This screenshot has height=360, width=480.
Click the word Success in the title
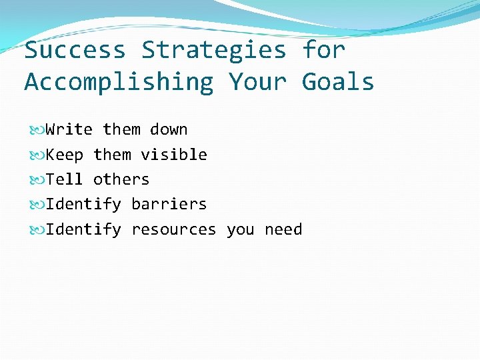pyautogui.click(x=75, y=50)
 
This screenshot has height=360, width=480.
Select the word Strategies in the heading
pyautogui.click(x=214, y=50)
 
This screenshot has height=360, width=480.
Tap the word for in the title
pyautogui.click(x=324, y=50)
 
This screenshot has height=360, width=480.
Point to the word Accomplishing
pyautogui.click(x=119, y=82)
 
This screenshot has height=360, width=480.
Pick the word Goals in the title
pyautogui.click(x=338, y=82)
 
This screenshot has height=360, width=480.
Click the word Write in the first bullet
pyautogui.click(x=69, y=129)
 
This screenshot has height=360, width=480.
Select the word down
pyautogui.click(x=169, y=129)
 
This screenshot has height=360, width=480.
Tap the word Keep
pyautogui.click(x=64, y=155)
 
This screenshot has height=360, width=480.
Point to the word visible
pyautogui.click(x=174, y=155)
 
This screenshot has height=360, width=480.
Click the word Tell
pyautogui.click(x=64, y=179)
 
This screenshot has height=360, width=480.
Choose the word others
pyautogui.click(x=121, y=179)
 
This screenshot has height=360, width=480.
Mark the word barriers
pyautogui.click(x=169, y=204)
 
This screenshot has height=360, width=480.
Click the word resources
pyautogui.click(x=174, y=229)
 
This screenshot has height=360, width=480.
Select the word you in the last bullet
pyautogui.click(x=240, y=229)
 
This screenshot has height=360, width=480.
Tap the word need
pyautogui.click(x=283, y=229)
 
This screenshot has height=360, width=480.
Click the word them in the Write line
pyautogui.click(x=121, y=129)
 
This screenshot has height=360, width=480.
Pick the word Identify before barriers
pyautogui.click(x=83, y=204)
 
